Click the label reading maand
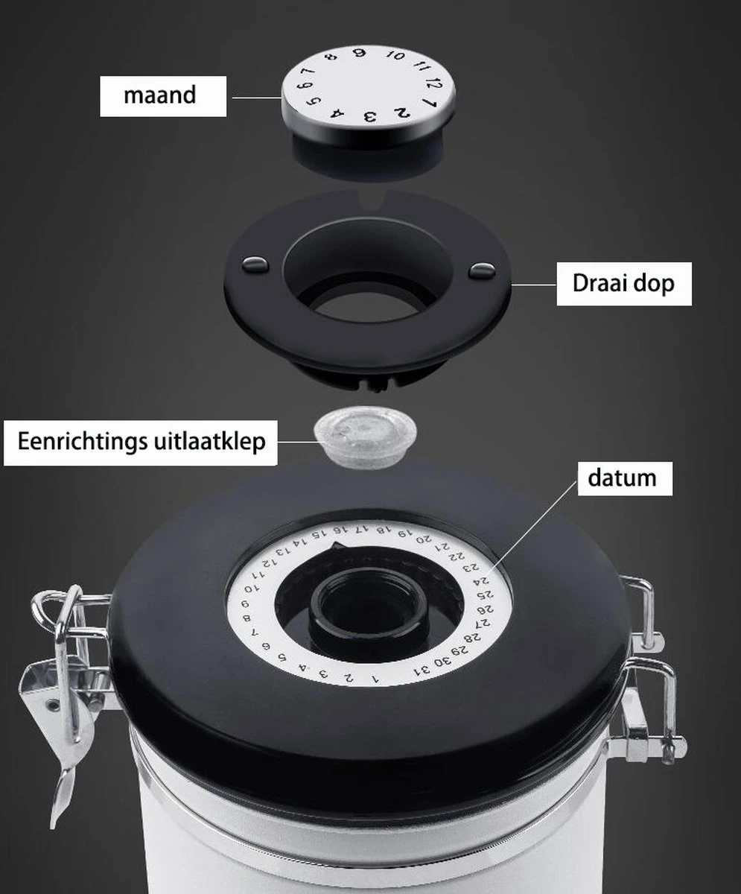pos(160,95)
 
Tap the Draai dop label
pos(623,283)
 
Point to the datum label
pos(623,478)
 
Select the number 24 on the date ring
pos(483,581)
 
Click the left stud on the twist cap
pos(255,263)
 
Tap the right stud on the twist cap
pos(481,270)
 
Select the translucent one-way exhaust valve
pos(363,436)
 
